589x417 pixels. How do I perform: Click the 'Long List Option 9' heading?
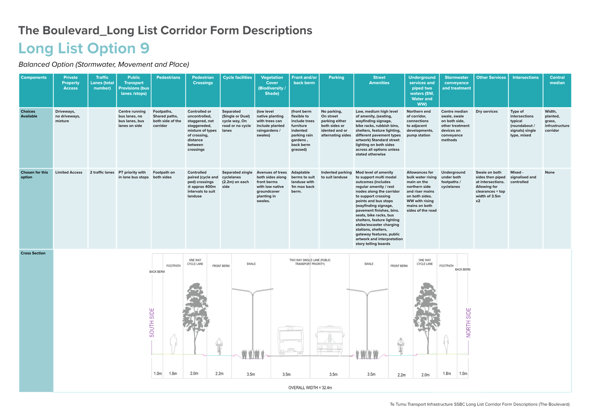[x=84, y=49]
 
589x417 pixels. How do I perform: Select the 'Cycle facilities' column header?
[x=237, y=78]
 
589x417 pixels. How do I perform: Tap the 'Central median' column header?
[x=557, y=80]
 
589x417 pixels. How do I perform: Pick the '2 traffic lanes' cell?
[x=102, y=173]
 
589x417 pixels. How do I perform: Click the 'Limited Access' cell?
[x=69, y=173]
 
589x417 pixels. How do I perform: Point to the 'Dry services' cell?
[x=486, y=111]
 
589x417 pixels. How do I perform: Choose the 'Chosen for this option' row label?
[x=34, y=175]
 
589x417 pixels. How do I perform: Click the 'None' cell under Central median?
[x=550, y=173]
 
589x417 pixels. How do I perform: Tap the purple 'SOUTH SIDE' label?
[x=152, y=322]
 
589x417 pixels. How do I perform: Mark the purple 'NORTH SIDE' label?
[x=468, y=322]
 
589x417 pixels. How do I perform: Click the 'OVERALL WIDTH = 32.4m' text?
[x=310, y=388]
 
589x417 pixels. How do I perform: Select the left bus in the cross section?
[x=290, y=341]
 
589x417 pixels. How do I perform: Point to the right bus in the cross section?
[x=330, y=341]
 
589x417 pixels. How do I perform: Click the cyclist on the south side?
[x=219, y=346]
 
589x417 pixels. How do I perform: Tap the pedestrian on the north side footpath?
[x=446, y=344]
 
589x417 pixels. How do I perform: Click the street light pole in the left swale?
[x=253, y=324]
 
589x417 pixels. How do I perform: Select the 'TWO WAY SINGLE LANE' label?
[x=310, y=262]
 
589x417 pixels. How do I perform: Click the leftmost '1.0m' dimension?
[x=158, y=373]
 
